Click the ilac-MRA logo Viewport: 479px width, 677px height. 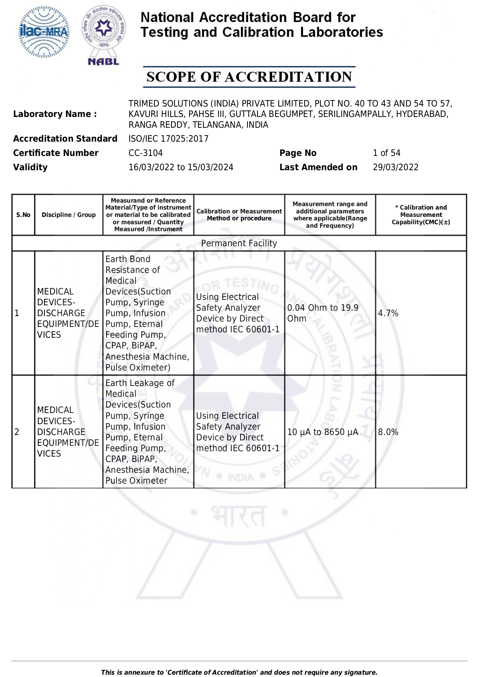[44, 32]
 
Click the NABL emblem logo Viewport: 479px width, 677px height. [103, 35]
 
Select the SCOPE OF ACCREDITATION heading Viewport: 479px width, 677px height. [249, 77]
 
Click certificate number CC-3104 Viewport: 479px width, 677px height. [146, 153]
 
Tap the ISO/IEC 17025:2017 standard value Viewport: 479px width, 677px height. [168, 139]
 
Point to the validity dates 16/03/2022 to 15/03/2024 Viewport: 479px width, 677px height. [181, 167]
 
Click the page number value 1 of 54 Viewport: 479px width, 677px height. [386, 153]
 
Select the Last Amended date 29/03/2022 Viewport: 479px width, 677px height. [395, 167]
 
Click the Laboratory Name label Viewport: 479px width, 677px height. [55, 114]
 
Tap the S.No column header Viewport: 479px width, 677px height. [23, 215]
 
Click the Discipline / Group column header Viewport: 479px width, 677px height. [69, 215]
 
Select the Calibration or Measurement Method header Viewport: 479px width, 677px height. [239, 215]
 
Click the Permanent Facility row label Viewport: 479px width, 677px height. [239, 243]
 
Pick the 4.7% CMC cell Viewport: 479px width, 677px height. [388, 313]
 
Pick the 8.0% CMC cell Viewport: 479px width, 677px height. [388, 432]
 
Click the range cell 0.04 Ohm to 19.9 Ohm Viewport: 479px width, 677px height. [323, 313]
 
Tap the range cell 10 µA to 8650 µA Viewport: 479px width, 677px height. [323, 432]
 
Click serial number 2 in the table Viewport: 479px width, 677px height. [17, 432]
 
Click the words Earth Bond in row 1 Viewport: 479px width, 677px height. [128, 259]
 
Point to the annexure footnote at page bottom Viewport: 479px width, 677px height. [239, 672]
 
